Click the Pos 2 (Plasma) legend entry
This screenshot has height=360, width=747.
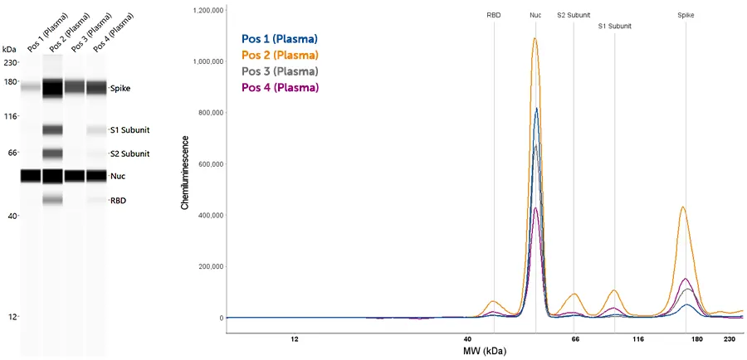point(280,55)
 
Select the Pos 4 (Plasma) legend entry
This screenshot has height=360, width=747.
point(280,87)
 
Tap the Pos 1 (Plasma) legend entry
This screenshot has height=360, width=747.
point(280,39)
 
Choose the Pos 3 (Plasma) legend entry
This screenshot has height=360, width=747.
point(280,71)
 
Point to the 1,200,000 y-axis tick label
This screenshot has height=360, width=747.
point(206,11)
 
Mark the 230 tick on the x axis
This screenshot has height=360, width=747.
point(730,339)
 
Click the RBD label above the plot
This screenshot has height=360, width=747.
point(494,15)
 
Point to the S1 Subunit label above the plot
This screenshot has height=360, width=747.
point(615,26)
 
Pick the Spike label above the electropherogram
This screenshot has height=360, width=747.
point(686,15)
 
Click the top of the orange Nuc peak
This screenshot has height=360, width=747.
point(535,38)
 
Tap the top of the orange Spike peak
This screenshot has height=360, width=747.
point(682,207)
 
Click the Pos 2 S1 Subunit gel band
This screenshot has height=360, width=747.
point(52,129)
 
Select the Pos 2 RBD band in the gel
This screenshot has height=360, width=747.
point(52,200)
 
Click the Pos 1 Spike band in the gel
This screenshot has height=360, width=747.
point(31,87)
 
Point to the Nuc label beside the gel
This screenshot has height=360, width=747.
point(118,176)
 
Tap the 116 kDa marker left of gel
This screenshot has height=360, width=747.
point(10,117)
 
